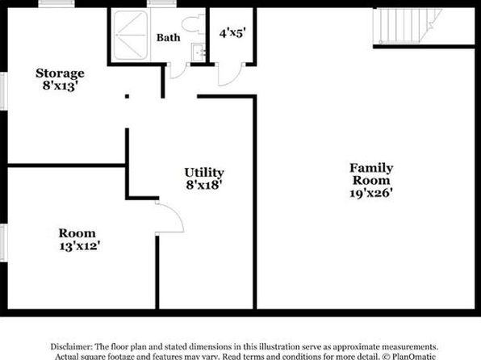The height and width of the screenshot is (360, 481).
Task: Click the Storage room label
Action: [60, 73]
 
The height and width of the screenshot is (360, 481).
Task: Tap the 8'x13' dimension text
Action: [59, 86]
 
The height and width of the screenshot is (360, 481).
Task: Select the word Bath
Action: [168, 38]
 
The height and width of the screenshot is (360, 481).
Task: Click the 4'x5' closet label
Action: [232, 33]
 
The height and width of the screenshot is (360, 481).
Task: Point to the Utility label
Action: [204, 173]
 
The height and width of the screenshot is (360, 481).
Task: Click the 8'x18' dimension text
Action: [204, 185]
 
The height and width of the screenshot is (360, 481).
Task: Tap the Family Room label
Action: [371, 174]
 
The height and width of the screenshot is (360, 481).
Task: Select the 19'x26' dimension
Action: [371, 193]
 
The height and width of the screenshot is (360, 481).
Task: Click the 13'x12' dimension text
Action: [80, 246]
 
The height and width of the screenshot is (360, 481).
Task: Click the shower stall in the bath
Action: [131, 35]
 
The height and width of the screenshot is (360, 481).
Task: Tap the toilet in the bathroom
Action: [192, 24]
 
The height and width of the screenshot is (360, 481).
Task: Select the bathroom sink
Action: [198, 52]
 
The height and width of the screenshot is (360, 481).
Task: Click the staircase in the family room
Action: [407, 27]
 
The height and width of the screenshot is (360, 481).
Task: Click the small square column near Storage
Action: [127, 96]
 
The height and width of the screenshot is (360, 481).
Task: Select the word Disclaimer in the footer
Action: [71, 346]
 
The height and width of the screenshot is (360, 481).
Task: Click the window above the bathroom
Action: [161, 3]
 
